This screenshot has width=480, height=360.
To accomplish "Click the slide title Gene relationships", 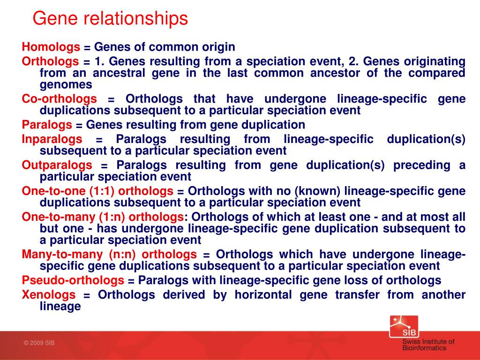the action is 110,18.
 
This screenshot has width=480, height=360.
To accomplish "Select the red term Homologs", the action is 51,47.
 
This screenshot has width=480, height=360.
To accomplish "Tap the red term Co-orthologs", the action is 60,99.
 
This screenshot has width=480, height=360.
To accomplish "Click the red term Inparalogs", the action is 52,139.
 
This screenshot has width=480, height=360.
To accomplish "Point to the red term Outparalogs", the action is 57,165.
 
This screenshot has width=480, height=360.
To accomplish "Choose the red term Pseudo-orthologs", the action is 73,280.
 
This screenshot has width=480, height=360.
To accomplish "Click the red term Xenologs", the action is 49,294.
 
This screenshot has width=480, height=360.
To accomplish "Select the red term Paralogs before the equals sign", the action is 47,125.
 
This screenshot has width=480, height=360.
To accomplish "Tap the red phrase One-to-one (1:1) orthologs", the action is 97,191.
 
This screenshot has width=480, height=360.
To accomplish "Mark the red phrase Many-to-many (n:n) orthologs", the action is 109,255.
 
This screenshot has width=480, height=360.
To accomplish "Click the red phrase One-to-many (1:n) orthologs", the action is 103,217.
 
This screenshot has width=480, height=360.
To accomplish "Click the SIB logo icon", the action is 404,327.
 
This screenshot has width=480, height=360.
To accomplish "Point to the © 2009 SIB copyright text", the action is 39,343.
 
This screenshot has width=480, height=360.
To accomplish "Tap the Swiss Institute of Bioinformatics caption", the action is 428,345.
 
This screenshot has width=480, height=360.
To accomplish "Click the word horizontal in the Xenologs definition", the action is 263,294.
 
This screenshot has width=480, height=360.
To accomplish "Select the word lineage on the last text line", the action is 60,306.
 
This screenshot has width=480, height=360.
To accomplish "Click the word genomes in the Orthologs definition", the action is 66,85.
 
